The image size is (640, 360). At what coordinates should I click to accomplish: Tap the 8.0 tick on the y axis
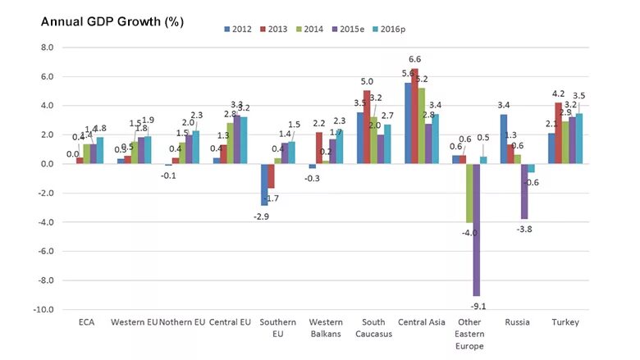pos(48,48)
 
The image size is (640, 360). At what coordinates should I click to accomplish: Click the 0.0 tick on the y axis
pos(48,164)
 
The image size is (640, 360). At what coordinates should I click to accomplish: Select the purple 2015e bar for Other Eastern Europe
pos(476,230)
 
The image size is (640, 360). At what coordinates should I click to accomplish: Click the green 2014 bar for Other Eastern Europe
pos(469,193)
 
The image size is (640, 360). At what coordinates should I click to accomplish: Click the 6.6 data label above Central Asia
pos(414,60)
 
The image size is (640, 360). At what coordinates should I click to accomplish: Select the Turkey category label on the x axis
pos(565,321)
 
